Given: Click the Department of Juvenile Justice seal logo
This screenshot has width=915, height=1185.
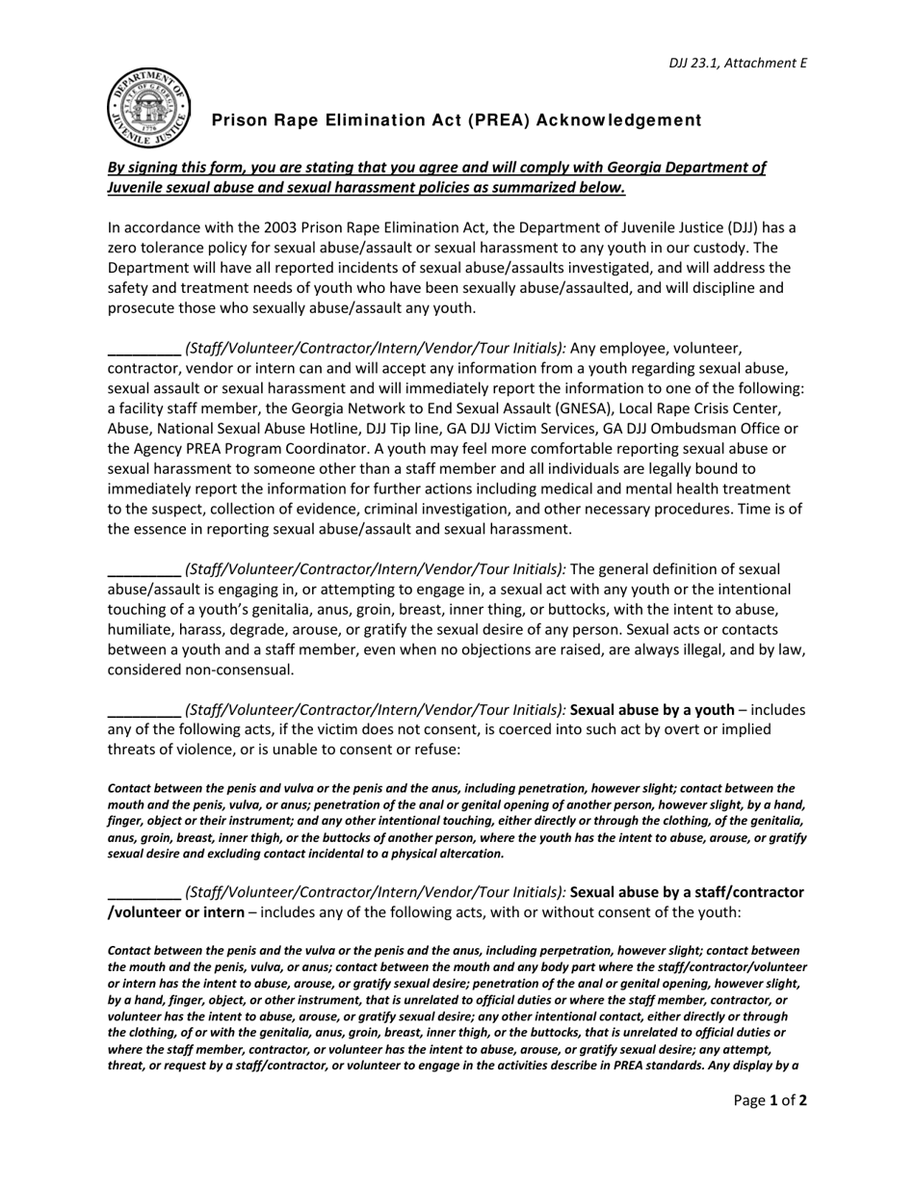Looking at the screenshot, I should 148,109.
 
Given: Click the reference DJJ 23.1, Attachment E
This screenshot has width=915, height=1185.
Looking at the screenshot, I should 738,64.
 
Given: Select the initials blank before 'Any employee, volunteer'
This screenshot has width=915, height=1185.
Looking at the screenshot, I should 144,350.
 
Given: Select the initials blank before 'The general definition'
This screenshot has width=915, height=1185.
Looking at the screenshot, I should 144,570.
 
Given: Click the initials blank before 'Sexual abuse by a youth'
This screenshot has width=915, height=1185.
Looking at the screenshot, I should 144,711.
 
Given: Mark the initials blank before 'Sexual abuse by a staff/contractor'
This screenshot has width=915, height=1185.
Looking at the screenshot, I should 144,893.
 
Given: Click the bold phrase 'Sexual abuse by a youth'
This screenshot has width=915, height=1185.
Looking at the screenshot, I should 652,710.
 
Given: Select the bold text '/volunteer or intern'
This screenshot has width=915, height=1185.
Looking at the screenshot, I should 175,912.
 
